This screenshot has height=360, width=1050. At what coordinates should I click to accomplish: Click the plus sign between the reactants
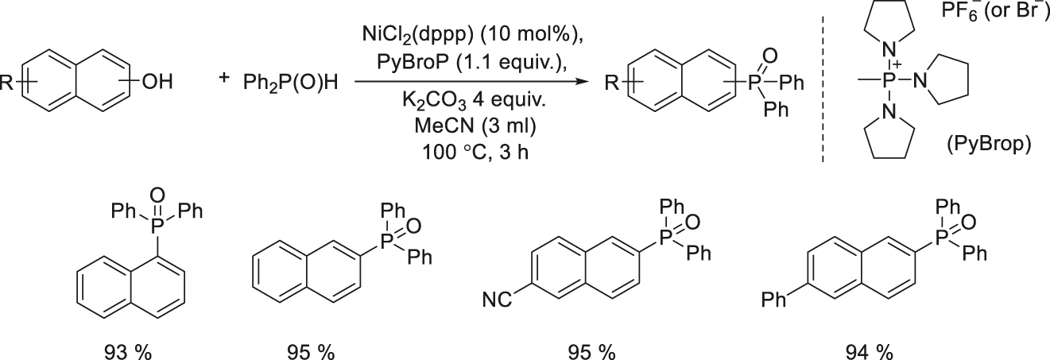[x=226, y=78]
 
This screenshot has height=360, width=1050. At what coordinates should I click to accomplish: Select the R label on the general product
[x=613, y=81]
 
